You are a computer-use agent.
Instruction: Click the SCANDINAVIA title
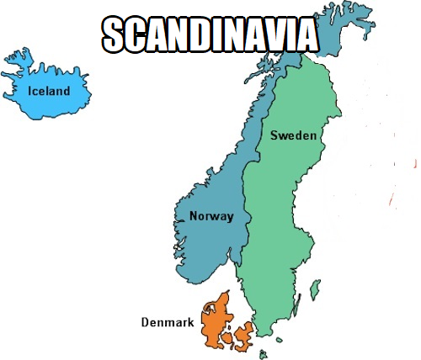(210, 34)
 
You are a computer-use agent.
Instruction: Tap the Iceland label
(49, 90)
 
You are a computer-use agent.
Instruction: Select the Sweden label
(293, 135)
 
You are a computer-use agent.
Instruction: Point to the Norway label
(210, 216)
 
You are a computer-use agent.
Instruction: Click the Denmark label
(168, 322)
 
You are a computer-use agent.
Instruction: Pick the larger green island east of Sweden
(315, 290)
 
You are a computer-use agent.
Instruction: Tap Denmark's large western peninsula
(216, 320)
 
